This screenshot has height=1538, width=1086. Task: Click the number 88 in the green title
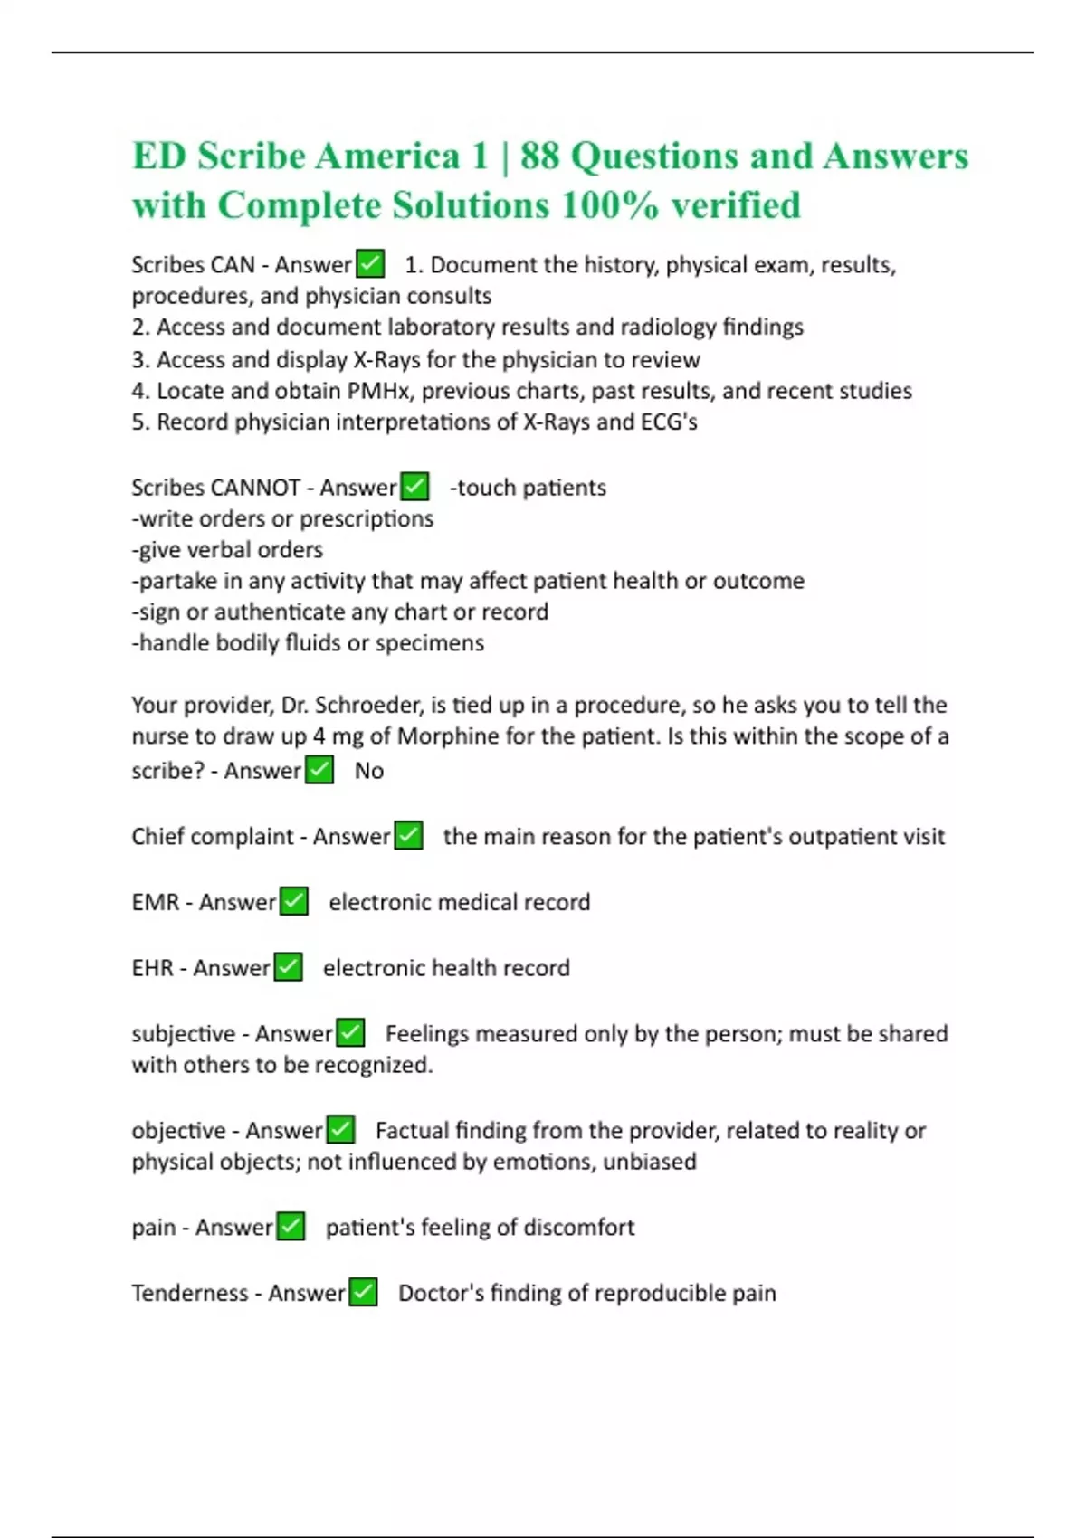pos(539,157)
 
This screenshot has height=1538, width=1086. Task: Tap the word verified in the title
pos(735,205)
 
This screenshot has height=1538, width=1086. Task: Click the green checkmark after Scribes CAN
pos(370,264)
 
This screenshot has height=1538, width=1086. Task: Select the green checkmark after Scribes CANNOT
pos(414,487)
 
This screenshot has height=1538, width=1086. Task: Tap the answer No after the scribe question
pos(369,771)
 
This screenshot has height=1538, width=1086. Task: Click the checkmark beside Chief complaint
pos(409,836)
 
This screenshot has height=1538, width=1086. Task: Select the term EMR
pos(155,902)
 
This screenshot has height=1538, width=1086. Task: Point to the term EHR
pos(152,968)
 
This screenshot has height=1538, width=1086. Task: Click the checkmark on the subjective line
pos(350,1033)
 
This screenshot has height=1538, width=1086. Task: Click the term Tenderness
pos(189,1293)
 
